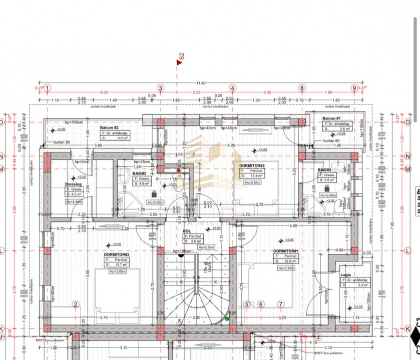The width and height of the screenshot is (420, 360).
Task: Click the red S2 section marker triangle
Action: (178, 62)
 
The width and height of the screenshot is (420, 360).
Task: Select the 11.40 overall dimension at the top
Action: (200, 83)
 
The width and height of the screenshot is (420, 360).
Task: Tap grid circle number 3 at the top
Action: (160, 88)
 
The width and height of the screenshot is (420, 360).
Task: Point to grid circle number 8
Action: (302, 88)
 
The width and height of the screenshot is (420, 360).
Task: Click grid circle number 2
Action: (76, 304)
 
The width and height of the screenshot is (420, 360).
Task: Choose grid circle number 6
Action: (260, 304)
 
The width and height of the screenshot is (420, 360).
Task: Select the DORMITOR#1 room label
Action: (286, 250)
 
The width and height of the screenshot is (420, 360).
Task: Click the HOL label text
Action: (187, 231)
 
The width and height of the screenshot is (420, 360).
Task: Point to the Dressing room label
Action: (73, 184)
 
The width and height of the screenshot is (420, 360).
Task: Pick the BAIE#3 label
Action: (139, 173)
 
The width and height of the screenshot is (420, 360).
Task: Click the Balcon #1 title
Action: (332, 118)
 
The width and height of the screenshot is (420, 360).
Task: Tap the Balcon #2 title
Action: (110, 128)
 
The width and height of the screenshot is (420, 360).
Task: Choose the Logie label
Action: (345, 275)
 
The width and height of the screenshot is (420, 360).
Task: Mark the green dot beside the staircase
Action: (227, 318)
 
